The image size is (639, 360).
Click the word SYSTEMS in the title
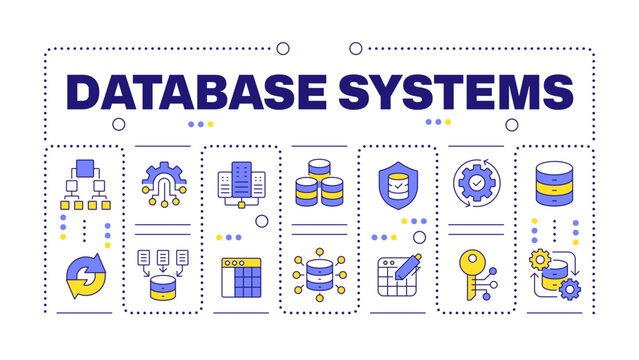(447, 91)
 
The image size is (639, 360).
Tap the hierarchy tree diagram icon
(85, 186)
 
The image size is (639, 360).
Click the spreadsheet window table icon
(240, 277)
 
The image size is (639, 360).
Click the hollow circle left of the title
(119, 124)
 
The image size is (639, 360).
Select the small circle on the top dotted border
(283, 47)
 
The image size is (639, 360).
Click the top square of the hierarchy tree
(85, 167)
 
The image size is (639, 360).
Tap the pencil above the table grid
(409, 264)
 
